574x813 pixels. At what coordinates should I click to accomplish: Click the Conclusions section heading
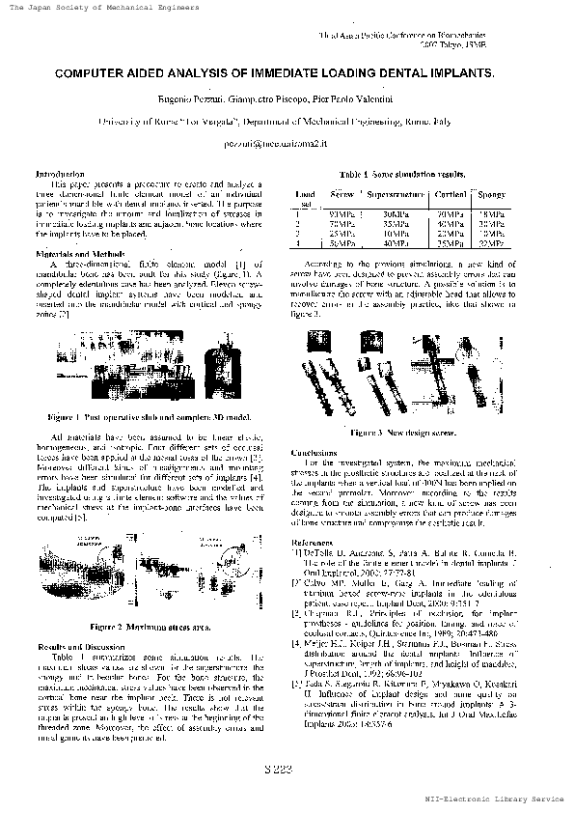click(314, 452)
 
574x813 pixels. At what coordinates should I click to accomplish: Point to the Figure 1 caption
click(150, 417)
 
